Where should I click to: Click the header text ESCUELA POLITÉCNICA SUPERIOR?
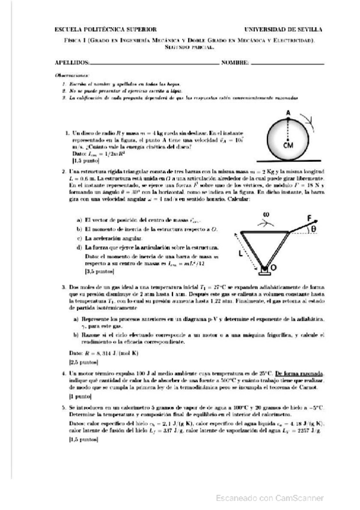point(97,29)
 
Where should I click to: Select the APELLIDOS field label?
point(72,62)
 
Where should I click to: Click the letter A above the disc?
point(288,113)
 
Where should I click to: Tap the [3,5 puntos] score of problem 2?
point(100,272)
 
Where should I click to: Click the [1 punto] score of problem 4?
point(81,397)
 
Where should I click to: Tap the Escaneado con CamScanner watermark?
point(269,497)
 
